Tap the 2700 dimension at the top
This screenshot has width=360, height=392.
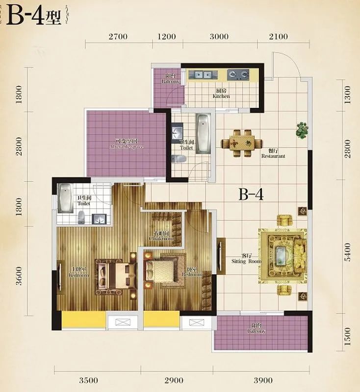pyautogui.click(x=118, y=36)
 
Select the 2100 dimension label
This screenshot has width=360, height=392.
pyautogui.click(x=278, y=36)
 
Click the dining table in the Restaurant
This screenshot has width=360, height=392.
pyautogui.click(x=241, y=143)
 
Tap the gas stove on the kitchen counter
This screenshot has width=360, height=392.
pyautogui.click(x=239, y=75)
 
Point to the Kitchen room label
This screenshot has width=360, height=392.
pyautogui.click(x=221, y=94)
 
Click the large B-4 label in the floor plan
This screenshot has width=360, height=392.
pyautogui.click(x=251, y=195)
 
